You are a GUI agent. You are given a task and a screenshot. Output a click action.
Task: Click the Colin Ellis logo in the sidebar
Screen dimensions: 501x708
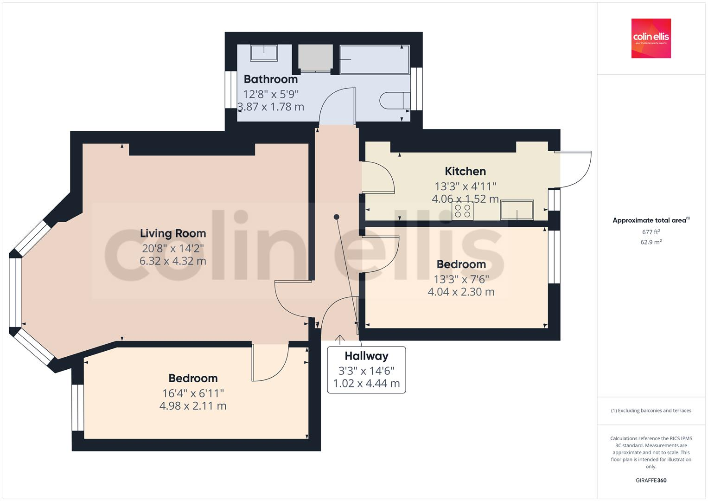tap(651, 38)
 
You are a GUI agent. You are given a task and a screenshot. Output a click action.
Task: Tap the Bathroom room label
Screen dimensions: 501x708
tap(270, 79)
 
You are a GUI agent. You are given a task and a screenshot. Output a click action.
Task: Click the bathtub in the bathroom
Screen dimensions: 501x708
tap(375, 59)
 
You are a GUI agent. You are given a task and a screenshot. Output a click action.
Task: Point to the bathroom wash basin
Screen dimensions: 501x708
tap(264, 53)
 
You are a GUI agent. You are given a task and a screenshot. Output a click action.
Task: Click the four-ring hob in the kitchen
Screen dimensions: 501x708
tap(462, 212)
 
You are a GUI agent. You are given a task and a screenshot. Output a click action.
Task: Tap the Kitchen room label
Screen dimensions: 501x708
tap(465, 171)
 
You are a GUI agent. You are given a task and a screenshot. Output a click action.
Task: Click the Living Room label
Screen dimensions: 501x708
tap(173, 233)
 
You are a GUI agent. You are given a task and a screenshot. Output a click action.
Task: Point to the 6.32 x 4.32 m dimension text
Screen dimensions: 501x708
tap(173, 261)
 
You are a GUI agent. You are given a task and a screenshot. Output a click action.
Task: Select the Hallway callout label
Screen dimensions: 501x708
tap(366, 356)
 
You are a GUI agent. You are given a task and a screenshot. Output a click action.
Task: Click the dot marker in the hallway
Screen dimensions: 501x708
tap(337, 217)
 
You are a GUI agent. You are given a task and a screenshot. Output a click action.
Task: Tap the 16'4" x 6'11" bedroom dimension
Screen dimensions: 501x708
tap(193, 393)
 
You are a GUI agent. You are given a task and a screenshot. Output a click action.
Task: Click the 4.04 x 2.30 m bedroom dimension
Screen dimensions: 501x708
tap(461, 292)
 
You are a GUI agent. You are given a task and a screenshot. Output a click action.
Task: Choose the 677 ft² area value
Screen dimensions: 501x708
tap(651, 232)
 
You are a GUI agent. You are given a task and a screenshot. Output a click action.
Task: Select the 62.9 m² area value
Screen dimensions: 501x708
tap(651, 242)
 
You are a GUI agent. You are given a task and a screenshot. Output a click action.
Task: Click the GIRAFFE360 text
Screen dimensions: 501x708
tap(651, 480)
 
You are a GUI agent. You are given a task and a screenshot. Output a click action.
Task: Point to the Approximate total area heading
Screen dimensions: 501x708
tap(651, 220)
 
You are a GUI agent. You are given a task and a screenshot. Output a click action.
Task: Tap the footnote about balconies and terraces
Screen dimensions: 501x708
tap(651, 411)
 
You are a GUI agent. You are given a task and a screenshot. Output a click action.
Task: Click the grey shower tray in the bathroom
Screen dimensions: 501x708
tap(315, 58)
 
